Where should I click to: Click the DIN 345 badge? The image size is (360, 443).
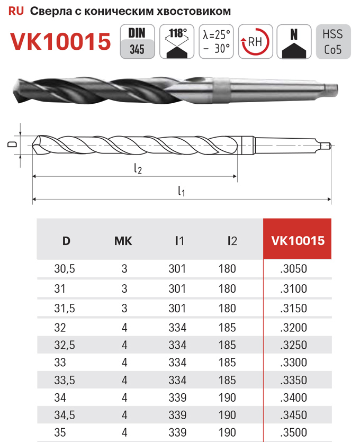click(137, 41)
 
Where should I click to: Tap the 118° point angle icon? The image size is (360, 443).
click(177, 41)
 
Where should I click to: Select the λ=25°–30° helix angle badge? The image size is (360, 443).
click(217, 41)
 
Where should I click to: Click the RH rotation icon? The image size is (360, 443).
click(256, 41)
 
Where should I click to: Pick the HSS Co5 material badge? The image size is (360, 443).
click(333, 41)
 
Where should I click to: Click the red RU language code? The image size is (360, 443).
click(16, 11)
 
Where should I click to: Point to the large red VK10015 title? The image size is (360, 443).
click(60, 41)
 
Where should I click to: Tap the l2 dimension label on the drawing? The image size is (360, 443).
click(138, 168)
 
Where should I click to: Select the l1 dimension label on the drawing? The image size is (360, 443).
click(182, 191)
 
